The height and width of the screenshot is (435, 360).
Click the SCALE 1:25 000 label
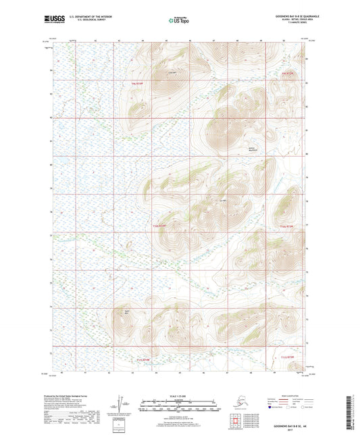(x=180, y=395)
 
